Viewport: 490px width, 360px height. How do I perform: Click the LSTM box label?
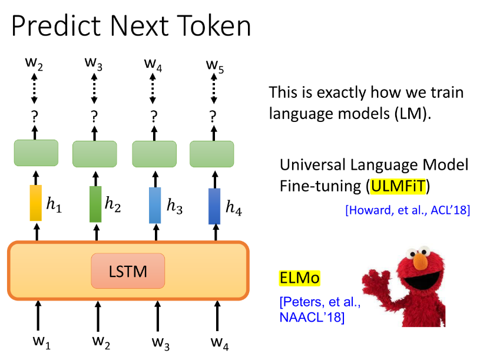click(128, 271)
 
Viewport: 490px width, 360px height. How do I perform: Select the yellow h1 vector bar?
click(35, 203)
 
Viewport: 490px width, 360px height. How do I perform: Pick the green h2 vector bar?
click(95, 204)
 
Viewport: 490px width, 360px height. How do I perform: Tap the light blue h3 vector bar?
click(155, 205)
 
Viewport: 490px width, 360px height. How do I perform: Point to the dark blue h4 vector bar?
click(214, 206)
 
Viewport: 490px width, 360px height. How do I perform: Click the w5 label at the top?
click(215, 66)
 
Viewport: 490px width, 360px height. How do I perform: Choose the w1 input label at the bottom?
click(42, 342)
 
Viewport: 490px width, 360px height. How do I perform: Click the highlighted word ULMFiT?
click(398, 186)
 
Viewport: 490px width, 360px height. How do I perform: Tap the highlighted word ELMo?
click(299, 278)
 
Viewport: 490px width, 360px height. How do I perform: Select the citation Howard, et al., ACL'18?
click(408, 210)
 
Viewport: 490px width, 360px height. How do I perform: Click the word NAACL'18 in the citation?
click(312, 317)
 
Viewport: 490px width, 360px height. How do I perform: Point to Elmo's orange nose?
click(421, 261)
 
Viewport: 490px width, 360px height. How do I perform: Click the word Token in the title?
click(214, 25)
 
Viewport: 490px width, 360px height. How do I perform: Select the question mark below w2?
click(34, 117)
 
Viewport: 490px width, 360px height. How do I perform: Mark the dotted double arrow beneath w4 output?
click(153, 88)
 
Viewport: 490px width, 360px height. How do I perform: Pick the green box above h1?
click(36, 153)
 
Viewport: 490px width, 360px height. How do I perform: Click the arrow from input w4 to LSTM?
click(217, 316)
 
